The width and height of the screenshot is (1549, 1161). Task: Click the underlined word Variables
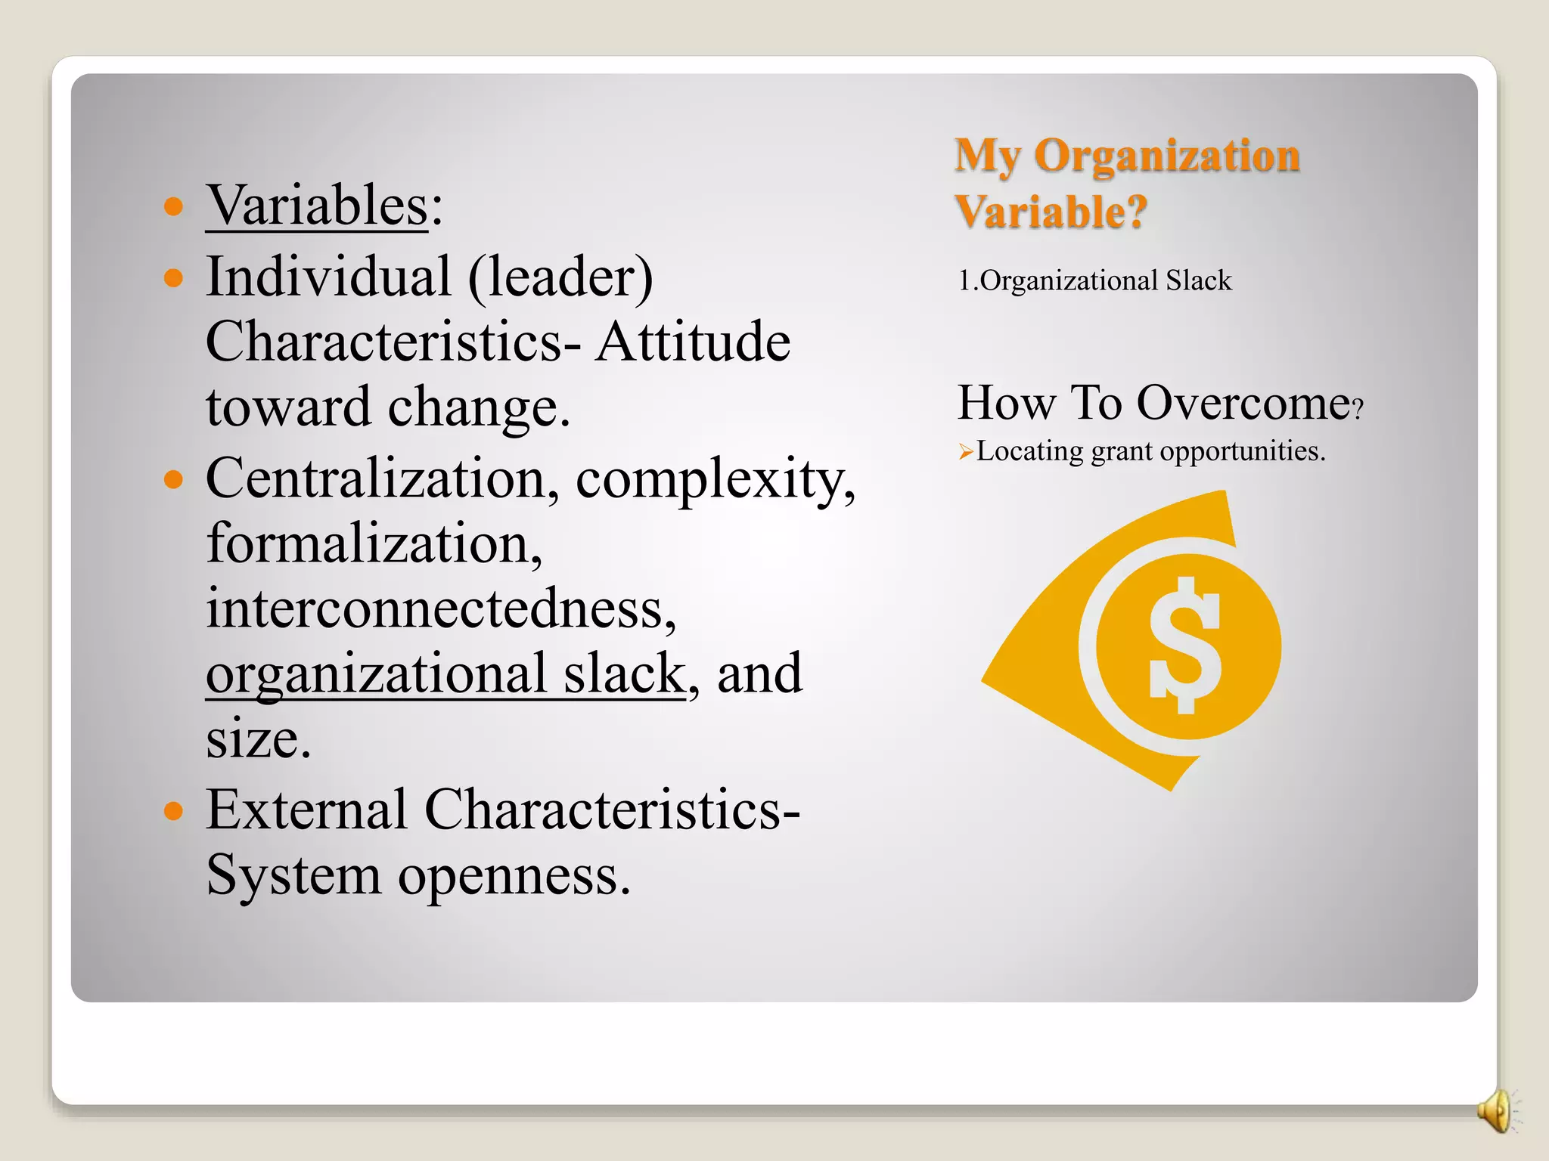(317, 206)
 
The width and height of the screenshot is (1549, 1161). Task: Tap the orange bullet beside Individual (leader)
(174, 277)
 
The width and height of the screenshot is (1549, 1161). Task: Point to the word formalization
(373, 544)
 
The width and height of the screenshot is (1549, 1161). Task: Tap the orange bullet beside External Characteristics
(174, 811)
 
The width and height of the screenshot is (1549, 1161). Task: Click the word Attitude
(692, 342)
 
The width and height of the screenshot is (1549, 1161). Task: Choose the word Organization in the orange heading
(1166, 156)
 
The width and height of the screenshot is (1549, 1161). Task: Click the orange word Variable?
(1051, 212)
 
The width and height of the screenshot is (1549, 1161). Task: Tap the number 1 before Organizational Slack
(964, 281)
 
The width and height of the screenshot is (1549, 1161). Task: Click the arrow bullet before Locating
(965, 453)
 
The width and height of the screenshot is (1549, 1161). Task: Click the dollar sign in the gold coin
(1184, 646)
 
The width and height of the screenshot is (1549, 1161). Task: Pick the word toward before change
(288, 407)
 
